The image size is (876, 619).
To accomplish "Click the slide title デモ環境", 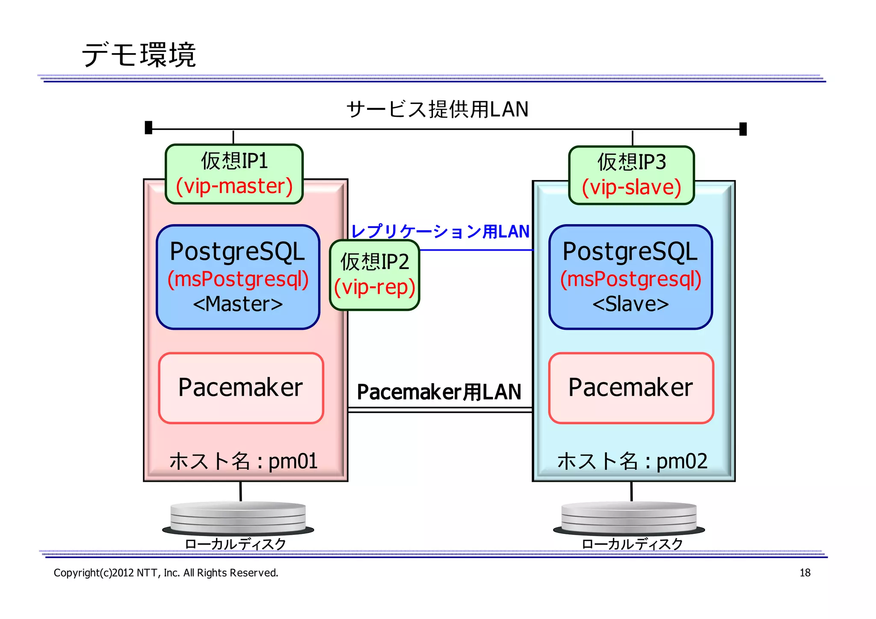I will point(139,55).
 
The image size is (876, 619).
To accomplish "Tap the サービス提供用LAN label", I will point(437,109).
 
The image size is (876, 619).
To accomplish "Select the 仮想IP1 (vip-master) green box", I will point(234,174).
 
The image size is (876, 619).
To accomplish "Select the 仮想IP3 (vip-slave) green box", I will point(631,175).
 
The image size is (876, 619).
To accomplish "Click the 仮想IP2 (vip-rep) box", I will point(375,275).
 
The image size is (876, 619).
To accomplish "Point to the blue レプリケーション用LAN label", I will point(440,231).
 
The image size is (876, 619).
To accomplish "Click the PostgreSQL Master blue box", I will point(238,277).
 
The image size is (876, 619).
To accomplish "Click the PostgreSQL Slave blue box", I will point(630,277).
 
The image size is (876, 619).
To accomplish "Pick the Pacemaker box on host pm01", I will point(241,388).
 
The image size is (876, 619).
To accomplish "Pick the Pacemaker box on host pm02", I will point(631,388).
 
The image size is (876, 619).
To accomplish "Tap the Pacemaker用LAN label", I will point(439,392).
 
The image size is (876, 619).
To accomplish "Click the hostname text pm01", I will point(243,461).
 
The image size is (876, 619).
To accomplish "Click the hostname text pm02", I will point(632,461).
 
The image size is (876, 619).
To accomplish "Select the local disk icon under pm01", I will point(238,518).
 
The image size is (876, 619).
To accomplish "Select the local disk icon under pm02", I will point(629,518).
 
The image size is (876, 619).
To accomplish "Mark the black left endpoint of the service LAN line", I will point(148,127).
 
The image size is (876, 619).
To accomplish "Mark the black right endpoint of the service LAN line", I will point(743,129).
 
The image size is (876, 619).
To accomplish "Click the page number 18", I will point(805,572).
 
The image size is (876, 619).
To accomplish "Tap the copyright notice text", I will point(166,572).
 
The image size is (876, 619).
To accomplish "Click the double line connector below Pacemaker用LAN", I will point(440,410).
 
